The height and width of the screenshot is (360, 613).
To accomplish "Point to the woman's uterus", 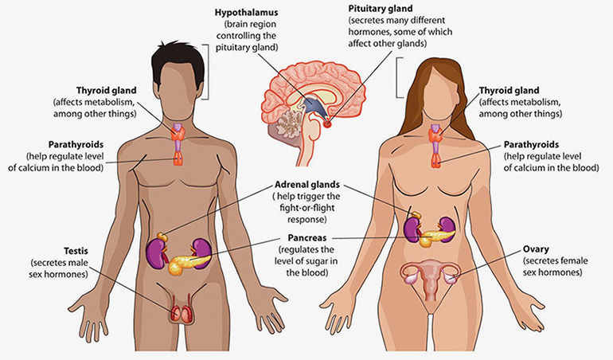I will tap(432, 276).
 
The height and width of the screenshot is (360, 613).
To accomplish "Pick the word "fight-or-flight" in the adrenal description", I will tap(307, 208).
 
